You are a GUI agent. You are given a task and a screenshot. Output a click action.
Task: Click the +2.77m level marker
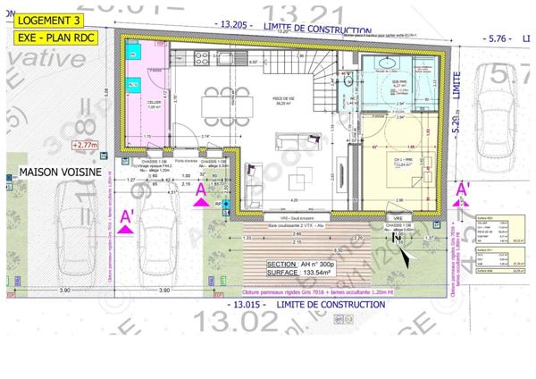pyautogui.click(x=86, y=143)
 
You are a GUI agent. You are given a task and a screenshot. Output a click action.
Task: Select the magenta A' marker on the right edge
pyautogui.click(x=464, y=189)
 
